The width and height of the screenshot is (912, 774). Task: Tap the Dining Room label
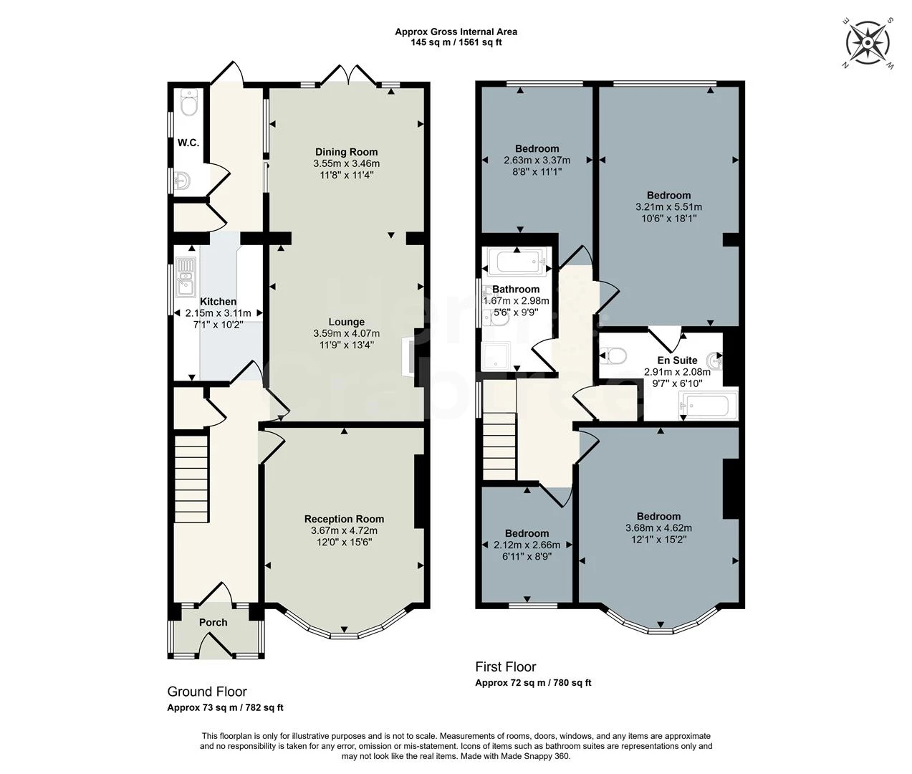tap(346, 152)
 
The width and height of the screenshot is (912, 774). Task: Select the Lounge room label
tap(346, 322)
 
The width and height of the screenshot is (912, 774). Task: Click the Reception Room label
tap(344, 519)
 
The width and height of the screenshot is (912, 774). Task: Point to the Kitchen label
tap(218, 302)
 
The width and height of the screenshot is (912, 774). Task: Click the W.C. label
tap(188, 143)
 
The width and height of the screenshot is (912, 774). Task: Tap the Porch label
tap(213, 622)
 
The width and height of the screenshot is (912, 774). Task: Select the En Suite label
tap(677, 360)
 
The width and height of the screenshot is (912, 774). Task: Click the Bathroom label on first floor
tap(516, 290)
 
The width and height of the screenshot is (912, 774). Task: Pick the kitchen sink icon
tap(186, 276)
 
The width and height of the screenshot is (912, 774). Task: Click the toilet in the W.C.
tap(188, 105)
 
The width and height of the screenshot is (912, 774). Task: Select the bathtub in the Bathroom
tap(517, 262)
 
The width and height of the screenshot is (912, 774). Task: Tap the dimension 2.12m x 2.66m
tap(527, 545)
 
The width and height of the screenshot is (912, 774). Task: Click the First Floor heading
tap(506, 666)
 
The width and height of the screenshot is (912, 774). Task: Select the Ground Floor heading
tap(207, 692)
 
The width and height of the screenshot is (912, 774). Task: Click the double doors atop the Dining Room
tap(347, 75)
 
